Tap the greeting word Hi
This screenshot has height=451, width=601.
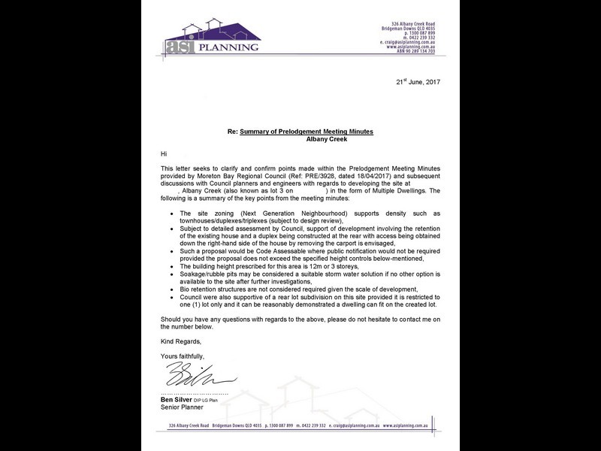pos(165,153)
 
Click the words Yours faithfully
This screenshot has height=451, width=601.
pos(183,355)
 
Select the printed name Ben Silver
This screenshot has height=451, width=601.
pos(178,399)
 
